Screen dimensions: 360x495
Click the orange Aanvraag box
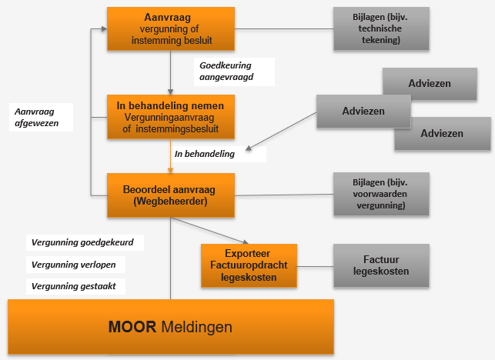click(x=169, y=28)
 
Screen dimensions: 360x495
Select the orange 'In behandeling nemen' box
click(x=169, y=116)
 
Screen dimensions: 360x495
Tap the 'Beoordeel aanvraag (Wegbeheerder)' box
click(x=169, y=195)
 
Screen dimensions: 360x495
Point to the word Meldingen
click(x=197, y=327)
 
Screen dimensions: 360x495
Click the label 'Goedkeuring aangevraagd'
click(x=226, y=72)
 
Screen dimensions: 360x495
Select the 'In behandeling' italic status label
click(x=205, y=155)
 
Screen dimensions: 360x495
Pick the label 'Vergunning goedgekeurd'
click(x=83, y=242)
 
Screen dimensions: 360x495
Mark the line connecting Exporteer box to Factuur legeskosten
click(x=315, y=265)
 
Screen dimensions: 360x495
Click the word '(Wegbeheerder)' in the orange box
click(x=169, y=202)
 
